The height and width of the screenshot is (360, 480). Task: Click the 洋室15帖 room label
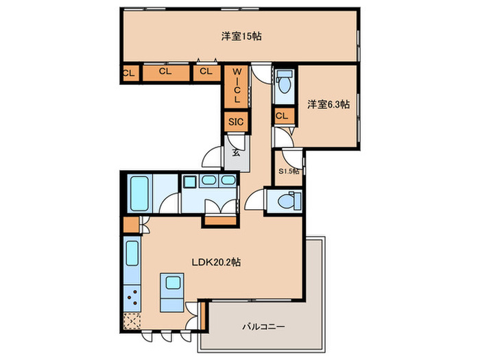point(239,36)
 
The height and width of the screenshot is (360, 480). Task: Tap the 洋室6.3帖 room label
point(328,104)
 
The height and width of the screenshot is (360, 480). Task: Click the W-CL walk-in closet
point(235,84)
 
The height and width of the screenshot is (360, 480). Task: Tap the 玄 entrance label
point(235,153)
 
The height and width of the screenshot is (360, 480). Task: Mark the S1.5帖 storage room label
point(288,171)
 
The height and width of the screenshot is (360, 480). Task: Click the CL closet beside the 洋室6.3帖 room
point(282,117)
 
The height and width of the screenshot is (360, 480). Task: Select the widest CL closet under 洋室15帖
point(165,71)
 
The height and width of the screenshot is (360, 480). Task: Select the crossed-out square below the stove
point(132,320)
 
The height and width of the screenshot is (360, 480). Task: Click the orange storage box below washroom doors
point(219,219)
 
